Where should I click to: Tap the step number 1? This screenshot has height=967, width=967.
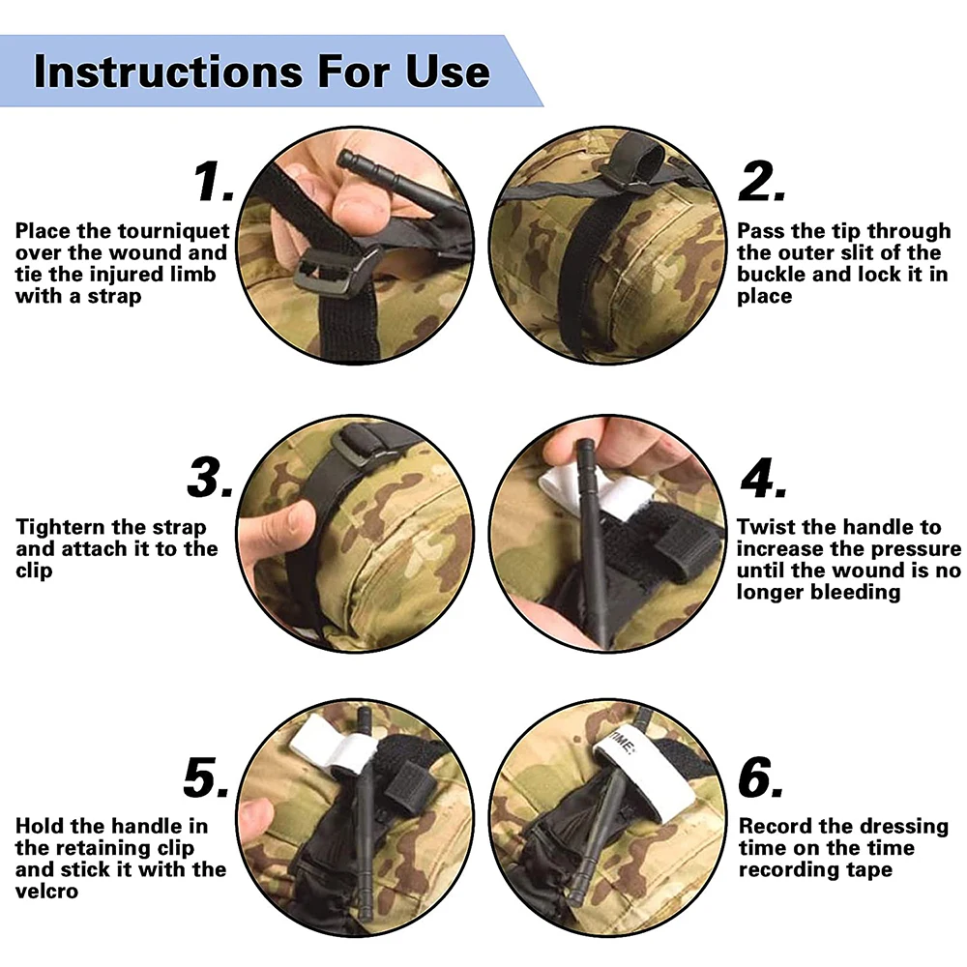tap(213, 182)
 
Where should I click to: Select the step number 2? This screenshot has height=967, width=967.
tap(762, 182)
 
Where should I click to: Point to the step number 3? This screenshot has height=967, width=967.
tap(210, 478)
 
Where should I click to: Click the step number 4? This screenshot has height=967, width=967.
tap(764, 478)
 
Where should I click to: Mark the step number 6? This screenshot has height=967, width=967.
tap(761, 777)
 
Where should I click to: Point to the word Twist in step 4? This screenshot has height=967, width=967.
tap(765, 527)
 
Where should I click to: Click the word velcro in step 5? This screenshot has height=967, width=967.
tap(46, 892)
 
